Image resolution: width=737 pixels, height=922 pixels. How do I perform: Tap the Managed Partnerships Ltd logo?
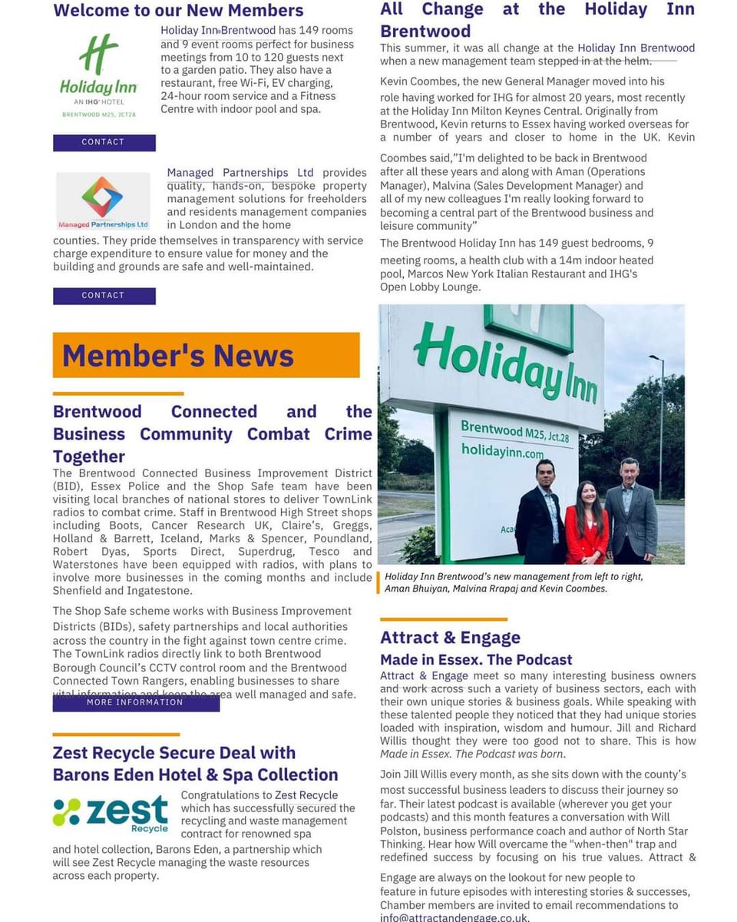[x=103, y=200]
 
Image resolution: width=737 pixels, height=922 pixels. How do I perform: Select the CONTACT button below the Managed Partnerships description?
[x=104, y=296]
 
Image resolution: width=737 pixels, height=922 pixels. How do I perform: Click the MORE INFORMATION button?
[x=135, y=702]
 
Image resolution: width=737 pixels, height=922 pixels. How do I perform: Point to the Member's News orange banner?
[x=206, y=355]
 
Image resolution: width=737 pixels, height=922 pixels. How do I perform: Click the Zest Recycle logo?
[x=111, y=812]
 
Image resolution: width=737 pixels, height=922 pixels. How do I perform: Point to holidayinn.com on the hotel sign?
[x=501, y=451]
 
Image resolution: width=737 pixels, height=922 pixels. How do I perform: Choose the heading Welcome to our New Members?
[x=178, y=11]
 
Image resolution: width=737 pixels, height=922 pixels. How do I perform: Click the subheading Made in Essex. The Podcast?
[x=476, y=659]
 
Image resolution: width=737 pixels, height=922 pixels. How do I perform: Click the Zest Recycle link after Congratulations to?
[x=306, y=795]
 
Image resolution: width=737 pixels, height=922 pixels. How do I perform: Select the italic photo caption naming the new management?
[x=513, y=582]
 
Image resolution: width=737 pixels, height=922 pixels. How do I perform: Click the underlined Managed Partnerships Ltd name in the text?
[x=240, y=173]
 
